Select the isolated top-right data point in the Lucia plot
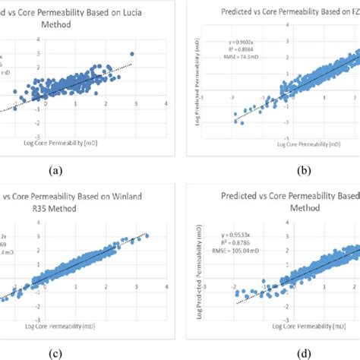click(132, 54)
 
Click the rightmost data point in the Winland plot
click(147, 235)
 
